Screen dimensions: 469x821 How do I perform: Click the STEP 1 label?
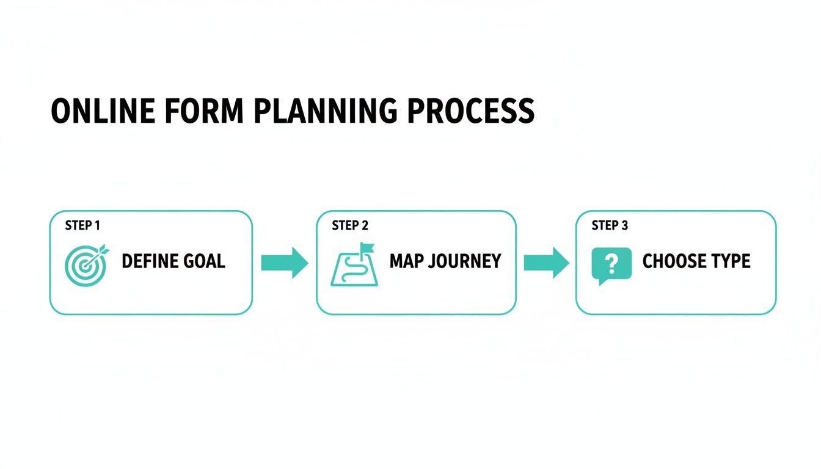(82, 225)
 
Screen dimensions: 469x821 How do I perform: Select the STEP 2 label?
(350, 225)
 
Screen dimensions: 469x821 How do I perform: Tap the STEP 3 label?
(610, 225)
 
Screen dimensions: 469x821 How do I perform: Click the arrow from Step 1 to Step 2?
(285, 263)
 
